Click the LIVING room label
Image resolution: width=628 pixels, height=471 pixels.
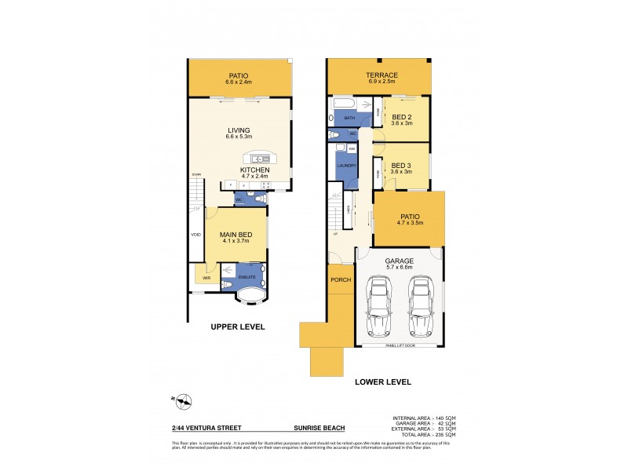(x=238, y=130)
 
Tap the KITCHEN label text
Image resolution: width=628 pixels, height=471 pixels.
(x=255, y=170)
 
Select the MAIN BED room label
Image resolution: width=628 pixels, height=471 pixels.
(x=235, y=234)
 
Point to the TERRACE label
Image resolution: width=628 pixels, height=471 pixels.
(x=379, y=75)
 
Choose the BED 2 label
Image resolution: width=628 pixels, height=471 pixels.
(x=402, y=116)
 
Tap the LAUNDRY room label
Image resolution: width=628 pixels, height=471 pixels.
(x=346, y=166)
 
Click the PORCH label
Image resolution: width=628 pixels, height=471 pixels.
(x=341, y=280)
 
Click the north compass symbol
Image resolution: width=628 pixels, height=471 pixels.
(x=183, y=402)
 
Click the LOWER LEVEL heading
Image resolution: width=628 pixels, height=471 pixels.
(x=384, y=382)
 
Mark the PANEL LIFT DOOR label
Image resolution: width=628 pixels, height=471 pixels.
(x=400, y=345)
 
